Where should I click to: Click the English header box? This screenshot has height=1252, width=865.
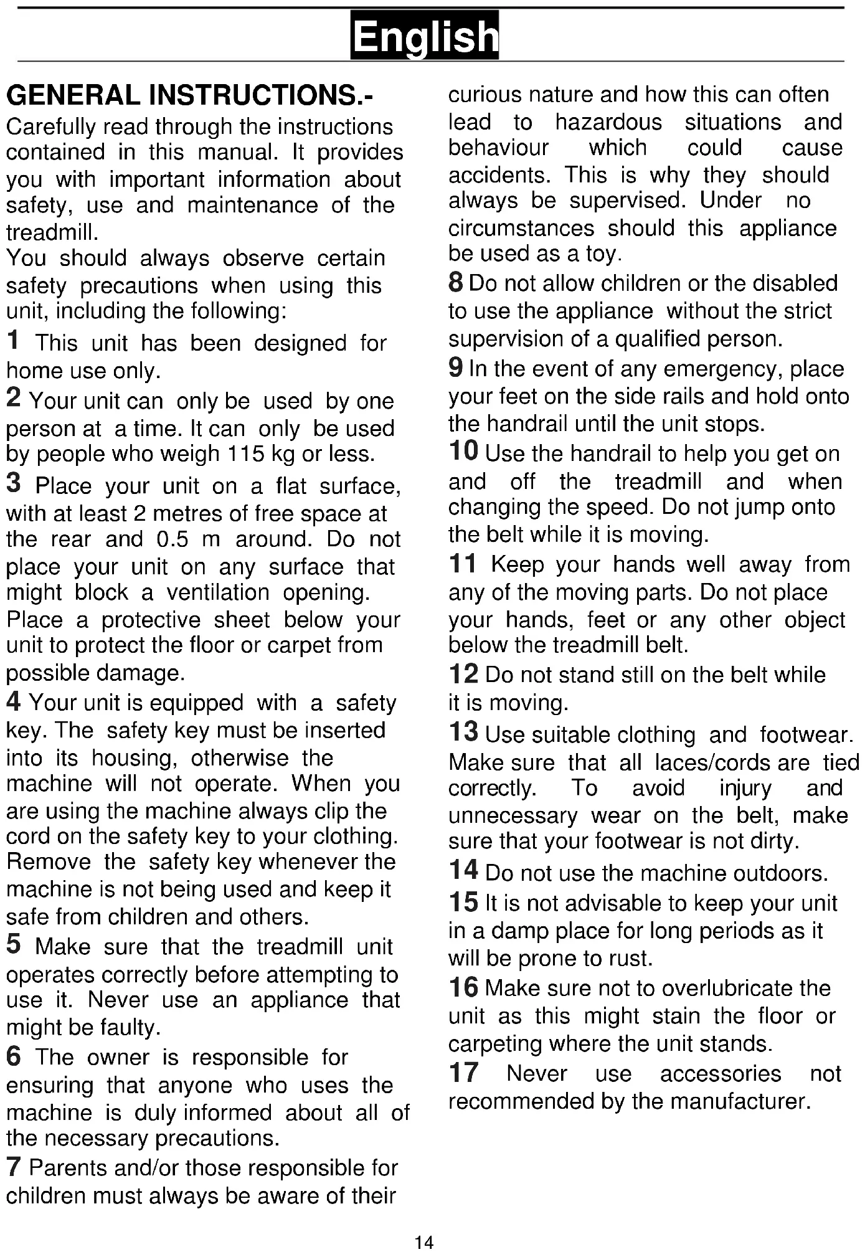425,36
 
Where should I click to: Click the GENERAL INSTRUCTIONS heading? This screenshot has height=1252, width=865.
189,95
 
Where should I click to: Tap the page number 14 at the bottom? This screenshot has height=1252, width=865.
424,1243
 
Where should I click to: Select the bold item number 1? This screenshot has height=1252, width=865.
13,341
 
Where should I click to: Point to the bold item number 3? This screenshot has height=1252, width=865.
14,483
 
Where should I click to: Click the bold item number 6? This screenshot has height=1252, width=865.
14,1056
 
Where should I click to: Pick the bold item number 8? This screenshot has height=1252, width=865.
456,282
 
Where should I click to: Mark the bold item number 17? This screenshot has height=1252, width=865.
463,1073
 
